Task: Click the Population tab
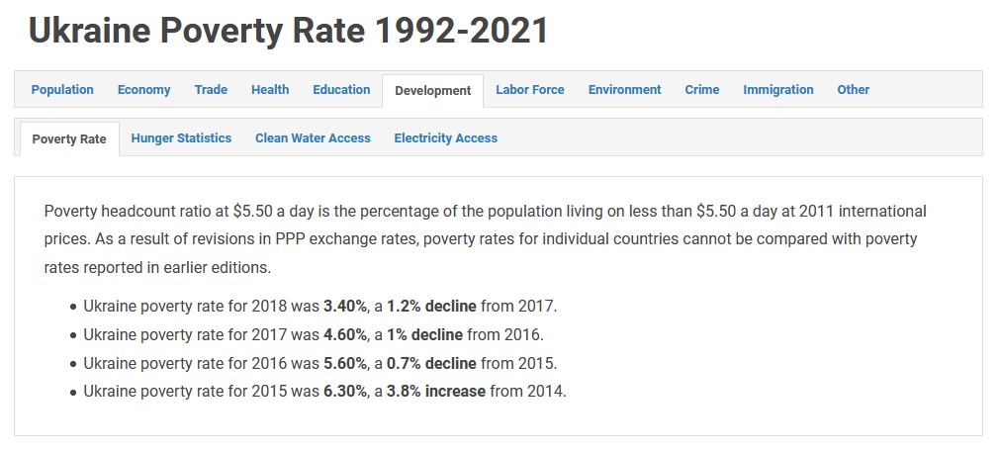tap(62, 90)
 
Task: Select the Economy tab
tap(143, 90)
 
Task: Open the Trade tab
tap(211, 90)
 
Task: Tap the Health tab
tap(270, 90)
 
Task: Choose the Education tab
tap(341, 90)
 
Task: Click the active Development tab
tap(432, 91)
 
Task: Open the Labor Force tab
tap(530, 90)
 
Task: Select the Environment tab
tap(624, 90)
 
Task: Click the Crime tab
tap(702, 90)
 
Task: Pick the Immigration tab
tap(778, 90)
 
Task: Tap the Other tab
tap(853, 90)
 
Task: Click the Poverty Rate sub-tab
tap(69, 139)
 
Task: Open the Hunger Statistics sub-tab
tap(181, 138)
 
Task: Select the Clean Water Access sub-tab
tap(313, 138)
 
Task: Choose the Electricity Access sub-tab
tap(445, 138)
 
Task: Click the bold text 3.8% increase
tap(436, 391)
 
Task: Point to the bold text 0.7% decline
tap(431, 363)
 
